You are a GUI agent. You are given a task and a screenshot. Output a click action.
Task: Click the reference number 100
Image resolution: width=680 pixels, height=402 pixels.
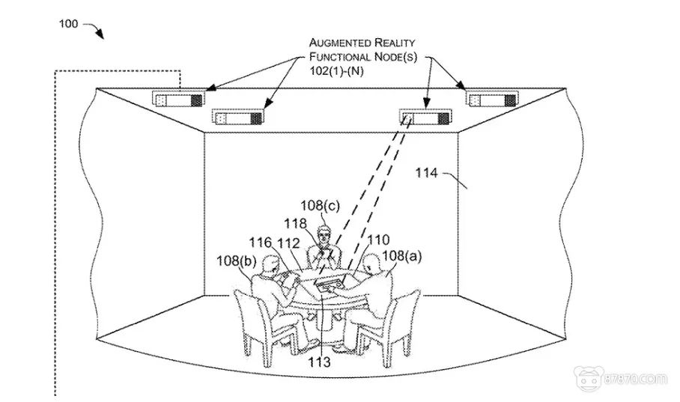pyautogui.click(x=67, y=24)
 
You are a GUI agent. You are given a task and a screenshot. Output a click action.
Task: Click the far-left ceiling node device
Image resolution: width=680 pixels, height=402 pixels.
pyautogui.click(x=178, y=98)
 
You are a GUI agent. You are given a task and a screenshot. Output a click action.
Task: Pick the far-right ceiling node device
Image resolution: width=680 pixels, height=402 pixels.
pyautogui.click(x=492, y=99)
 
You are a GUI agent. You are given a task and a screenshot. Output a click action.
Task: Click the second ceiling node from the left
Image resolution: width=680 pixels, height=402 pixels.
pyautogui.click(x=238, y=117)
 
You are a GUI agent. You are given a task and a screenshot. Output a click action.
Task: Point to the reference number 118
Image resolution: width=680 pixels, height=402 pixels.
pyautogui.click(x=294, y=223)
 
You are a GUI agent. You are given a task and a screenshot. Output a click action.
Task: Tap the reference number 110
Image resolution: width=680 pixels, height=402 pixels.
pyautogui.click(x=378, y=240)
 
